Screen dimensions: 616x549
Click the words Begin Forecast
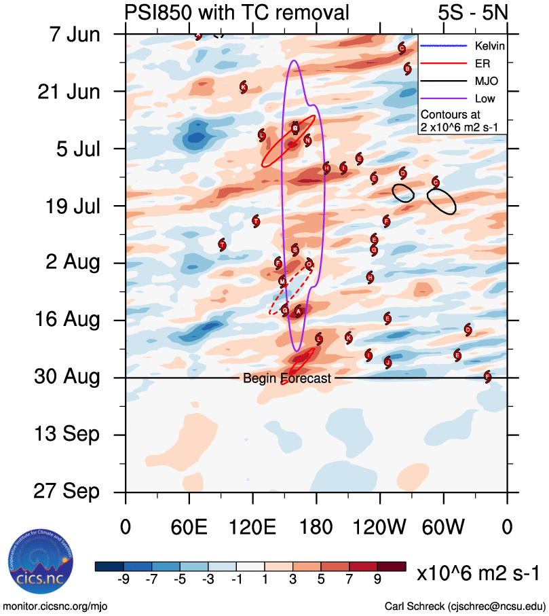287,378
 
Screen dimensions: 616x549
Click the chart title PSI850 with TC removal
237,12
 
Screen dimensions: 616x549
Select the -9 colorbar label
123,579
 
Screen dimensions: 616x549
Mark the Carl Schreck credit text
465,605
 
